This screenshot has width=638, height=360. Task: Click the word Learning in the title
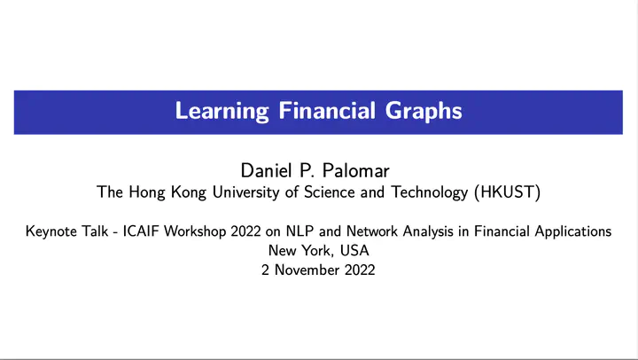[222, 111]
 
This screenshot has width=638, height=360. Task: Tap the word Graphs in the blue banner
[424, 111]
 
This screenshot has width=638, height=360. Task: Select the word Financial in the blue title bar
[327, 110]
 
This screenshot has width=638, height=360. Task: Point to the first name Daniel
[267, 170]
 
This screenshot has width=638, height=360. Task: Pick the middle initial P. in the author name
[307, 170]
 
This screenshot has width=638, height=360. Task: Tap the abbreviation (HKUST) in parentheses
[508, 192]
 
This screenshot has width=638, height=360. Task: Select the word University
[246, 192]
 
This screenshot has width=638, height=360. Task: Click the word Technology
[429, 192]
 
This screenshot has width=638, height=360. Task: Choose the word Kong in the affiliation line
[189, 192]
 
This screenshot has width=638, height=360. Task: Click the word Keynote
[51, 231]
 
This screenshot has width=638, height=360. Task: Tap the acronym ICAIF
[141, 231]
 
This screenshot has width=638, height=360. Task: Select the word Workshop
[195, 231]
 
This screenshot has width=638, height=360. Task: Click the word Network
[372, 231]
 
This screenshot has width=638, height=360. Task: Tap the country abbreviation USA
[354, 250]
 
